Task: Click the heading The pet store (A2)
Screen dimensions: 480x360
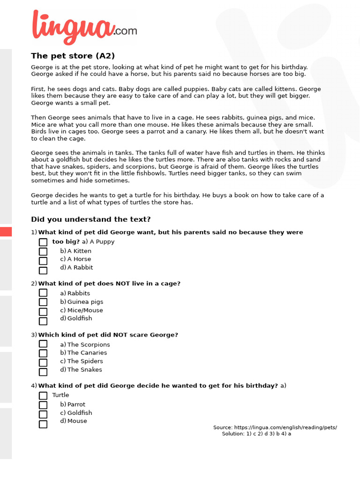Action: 73,56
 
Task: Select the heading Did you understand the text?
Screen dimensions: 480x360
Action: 90,219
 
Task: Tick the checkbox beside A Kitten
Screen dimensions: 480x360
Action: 43,252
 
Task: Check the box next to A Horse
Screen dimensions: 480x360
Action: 43,261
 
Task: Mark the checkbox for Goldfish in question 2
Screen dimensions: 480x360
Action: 43,321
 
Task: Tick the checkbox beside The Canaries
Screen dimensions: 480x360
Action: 43,353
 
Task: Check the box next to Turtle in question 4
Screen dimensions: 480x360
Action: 43,396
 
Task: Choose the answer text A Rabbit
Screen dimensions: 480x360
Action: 80,268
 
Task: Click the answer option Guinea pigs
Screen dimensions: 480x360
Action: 85,302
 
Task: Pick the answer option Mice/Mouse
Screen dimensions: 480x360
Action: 85,310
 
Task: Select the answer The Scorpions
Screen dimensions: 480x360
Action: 88,345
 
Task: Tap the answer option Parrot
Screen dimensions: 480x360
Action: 76,405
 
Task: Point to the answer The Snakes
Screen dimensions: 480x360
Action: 84,370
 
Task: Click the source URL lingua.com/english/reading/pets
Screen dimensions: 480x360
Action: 285,427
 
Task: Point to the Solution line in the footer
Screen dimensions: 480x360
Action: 256,434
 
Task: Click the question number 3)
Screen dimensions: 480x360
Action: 34,335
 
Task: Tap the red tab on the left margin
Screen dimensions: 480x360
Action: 6,232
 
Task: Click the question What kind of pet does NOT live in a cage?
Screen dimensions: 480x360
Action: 109,284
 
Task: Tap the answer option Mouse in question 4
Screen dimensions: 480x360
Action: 77,421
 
